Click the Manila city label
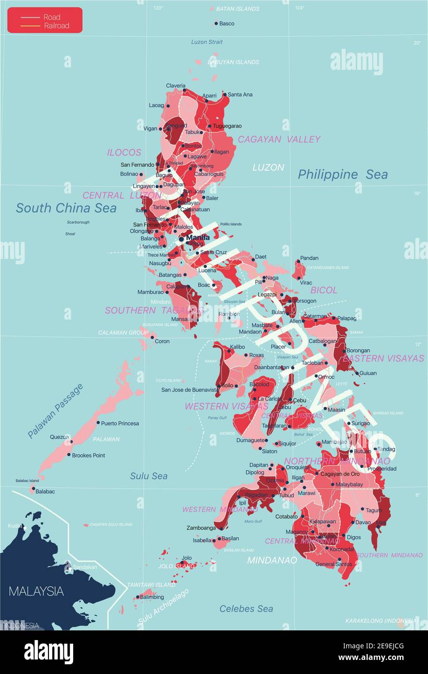[x=198, y=238]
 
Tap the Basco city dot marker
[x=216, y=23]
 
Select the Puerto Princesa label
[x=120, y=423]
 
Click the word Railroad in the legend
[x=57, y=26]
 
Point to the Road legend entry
[x=52, y=17]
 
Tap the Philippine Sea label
[x=342, y=175]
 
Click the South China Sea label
[x=66, y=208]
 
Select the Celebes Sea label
[x=246, y=609]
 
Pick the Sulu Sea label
[x=148, y=476]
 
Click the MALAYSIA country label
[x=36, y=591]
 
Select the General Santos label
[x=333, y=564]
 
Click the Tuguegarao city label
[x=227, y=126]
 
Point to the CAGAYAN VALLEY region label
[x=279, y=139]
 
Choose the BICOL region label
[x=323, y=290]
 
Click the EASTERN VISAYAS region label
[x=383, y=358]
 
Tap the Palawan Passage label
[x=55, y=411]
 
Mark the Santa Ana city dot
[x=224, y=95]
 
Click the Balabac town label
[x=45, y=491]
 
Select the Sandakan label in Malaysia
[x=85, y=567]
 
